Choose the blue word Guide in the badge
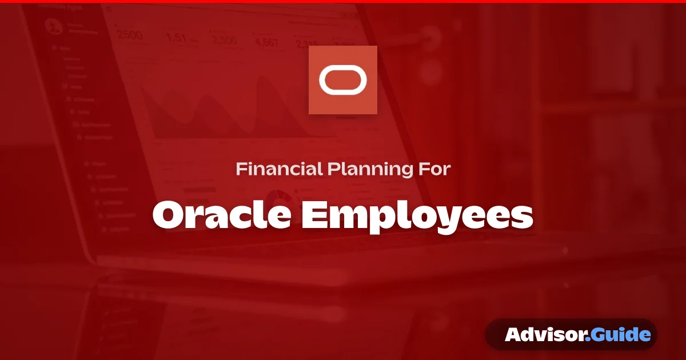coord(620,334)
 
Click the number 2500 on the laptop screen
coord(130,35)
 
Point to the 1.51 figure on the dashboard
coord(176,38)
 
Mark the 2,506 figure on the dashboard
coord(224,40)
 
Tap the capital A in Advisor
coord(512,334)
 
